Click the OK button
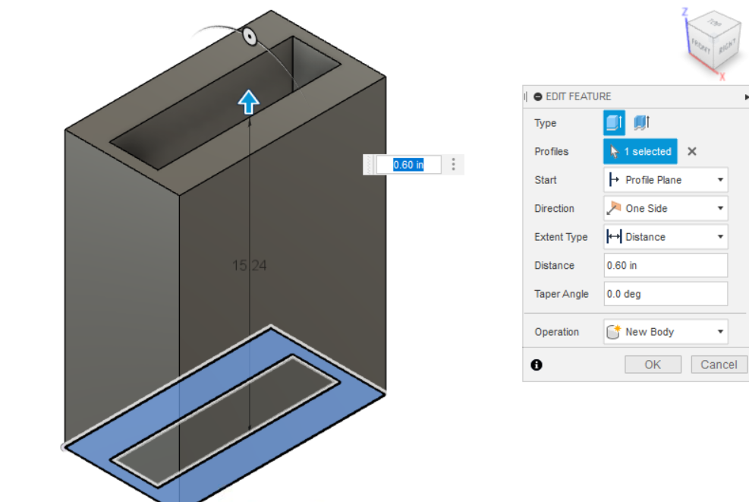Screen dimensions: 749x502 point(653,365)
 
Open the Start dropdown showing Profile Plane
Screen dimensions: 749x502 point(666,180)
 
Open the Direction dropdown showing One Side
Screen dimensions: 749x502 point(666,208)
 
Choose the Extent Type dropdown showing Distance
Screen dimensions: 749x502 point(666,237)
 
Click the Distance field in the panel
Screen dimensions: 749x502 point(666,265)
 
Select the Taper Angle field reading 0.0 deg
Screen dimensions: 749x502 point(666,294)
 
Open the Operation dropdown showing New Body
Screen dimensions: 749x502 point(666,332)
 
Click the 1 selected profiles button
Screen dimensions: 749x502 point(640,152)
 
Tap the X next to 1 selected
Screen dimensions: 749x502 point(691,152)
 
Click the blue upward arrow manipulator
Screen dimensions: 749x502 point(248,102)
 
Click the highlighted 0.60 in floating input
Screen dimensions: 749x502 point(408,165)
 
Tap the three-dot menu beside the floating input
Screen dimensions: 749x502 point(453,165)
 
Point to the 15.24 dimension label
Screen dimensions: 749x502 point(250,265)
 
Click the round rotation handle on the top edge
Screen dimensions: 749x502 point(250,36)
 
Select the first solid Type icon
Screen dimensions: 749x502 point(614,123)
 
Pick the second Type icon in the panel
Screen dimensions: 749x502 point(641,123)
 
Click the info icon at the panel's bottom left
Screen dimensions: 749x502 point(537,365)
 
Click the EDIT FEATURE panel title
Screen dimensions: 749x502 point(578,96)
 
